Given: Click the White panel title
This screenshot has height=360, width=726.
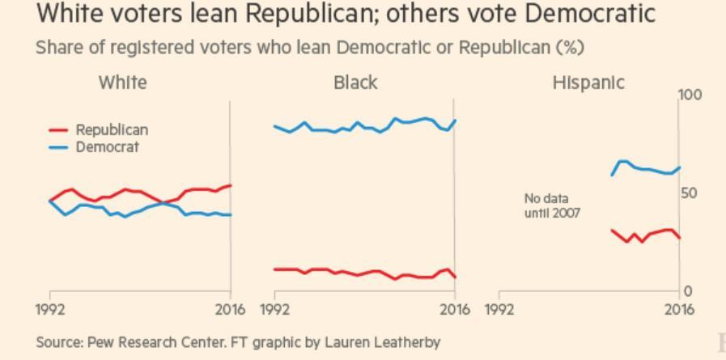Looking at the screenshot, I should pyautogui.click(x=122, y=83).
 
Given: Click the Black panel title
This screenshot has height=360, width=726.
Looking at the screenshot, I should pyautogui.click(x=355, y=83).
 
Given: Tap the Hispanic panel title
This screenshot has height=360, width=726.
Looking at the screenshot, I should pyautogui.click(x=588, y=83).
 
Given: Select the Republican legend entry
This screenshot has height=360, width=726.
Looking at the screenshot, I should pyautogui.click(x=111, y=129).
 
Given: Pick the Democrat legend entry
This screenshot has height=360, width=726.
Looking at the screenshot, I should pyautogui.click(x=107, y=147).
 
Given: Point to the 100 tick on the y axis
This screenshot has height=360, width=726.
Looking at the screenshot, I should pyautogui.click(x=690, y=95).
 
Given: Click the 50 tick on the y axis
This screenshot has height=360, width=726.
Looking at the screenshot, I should pyautogui.click(x=688, y=193).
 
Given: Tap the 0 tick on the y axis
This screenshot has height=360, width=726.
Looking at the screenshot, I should pyautogui.click(x=687, y=291).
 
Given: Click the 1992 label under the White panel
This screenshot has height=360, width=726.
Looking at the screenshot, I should pyautogui.click(x=50, y=310).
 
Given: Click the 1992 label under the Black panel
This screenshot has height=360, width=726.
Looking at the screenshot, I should pyautogui.click(x=275, y=310).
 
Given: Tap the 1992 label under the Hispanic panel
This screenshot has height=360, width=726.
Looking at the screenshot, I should pyautogui.click(x=499, y=310).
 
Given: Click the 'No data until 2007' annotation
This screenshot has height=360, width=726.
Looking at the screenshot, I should pyautogui.click(x=552, y=205).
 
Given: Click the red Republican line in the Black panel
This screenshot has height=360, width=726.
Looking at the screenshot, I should pyautogui.click(x=364, y=272).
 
